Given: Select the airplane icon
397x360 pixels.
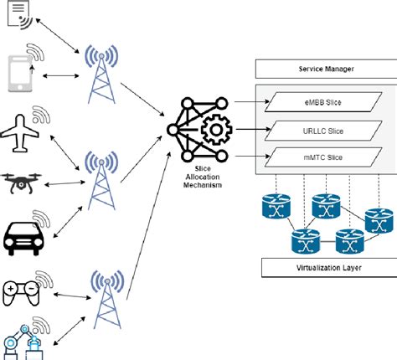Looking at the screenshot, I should [x=23, y=131].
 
